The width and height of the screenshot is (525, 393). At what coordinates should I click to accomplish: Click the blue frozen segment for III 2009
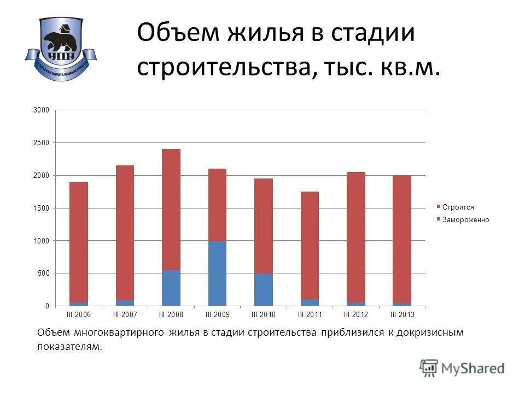pos(217,273)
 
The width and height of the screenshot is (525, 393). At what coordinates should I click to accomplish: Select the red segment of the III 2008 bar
pos(171,210)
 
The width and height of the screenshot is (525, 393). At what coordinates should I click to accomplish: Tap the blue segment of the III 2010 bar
pos(264,289)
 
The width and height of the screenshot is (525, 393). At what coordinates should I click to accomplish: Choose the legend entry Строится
pos(458,207)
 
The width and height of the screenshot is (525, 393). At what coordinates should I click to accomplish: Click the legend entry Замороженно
pos(465,220)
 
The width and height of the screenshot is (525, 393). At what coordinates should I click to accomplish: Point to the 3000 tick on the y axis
pos(42,110)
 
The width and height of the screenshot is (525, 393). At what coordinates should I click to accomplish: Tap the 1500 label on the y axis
pos(42,208)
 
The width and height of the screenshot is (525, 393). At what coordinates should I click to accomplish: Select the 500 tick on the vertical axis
pos(44,273)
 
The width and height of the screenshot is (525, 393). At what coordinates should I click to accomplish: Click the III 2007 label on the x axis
pos(125,315)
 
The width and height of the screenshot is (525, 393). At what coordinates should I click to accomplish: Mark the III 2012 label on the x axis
pos(356,315)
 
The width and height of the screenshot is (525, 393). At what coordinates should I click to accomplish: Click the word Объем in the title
pos(171,33)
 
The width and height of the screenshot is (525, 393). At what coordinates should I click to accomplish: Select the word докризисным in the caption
pos(430,332)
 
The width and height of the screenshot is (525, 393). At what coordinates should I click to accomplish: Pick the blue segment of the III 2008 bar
pos(171,288)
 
